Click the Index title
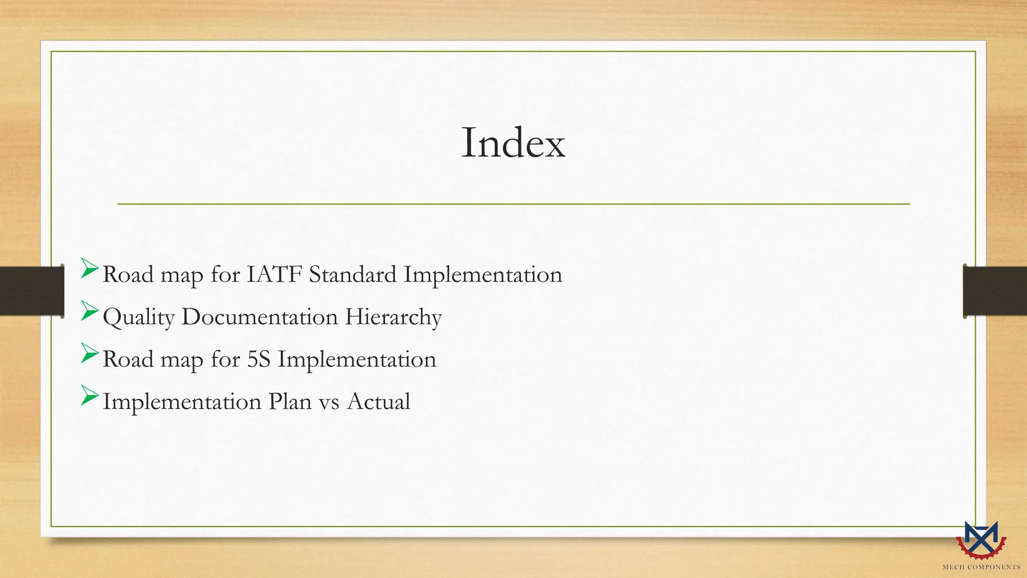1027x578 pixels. pyautogui.click(x=513, y=143)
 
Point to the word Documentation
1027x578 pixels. pyautogui.click(x=259, y=317)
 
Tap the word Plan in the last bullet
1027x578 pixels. pyautogui.click(x=290, y=401)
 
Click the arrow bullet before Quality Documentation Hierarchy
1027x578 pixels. pyautogui.click(x=89, y=312)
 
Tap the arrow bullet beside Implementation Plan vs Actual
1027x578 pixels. pyautogui.click(x=89, y=397)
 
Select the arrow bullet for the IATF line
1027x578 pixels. pyautogui.click(x=89, y=269)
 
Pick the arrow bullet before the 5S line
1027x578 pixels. pyautogui.click(x=89, y=354)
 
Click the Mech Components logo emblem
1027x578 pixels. pyautogui.click(x=981, y=540)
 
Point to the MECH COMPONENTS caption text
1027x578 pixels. pyautogui.click(x=981, y=567)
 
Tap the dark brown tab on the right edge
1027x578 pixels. pyautogui.click(x=995, y=291)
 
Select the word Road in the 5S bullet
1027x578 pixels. pyautogui.click(x=128, y=359)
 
